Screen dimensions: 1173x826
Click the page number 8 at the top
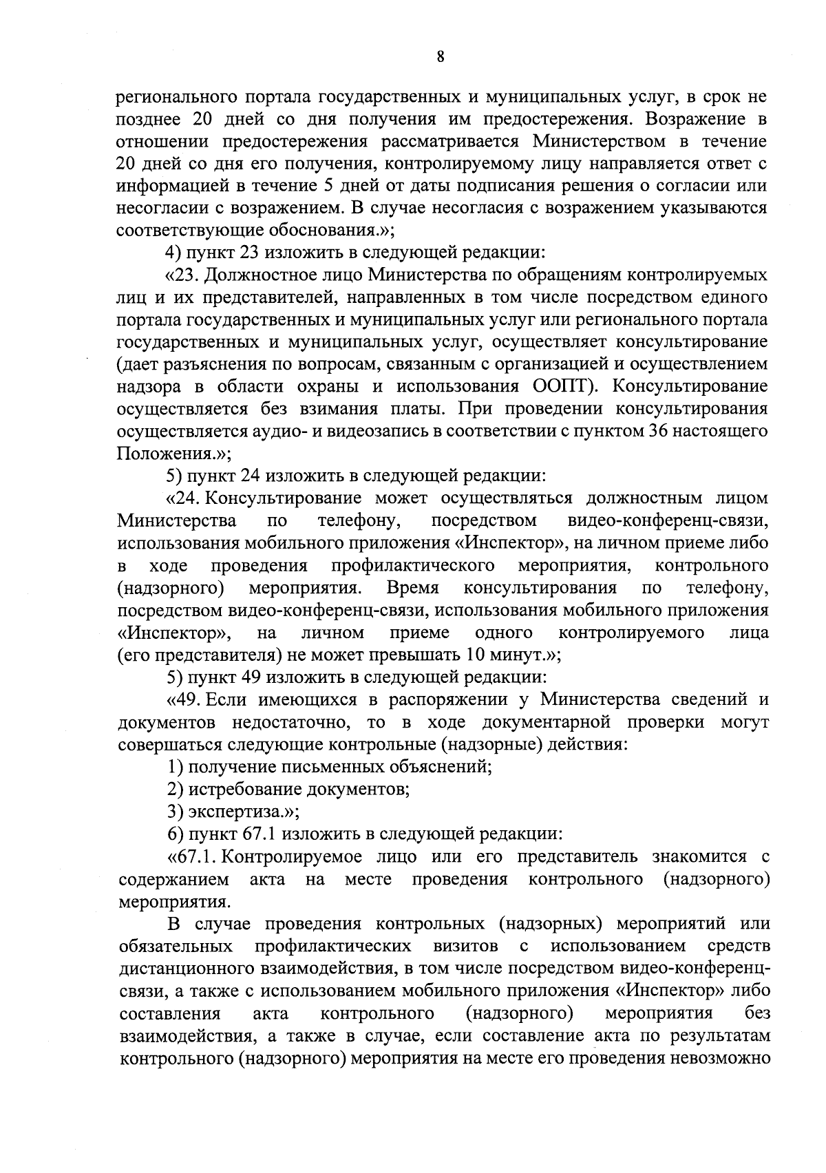pyautogui.click(x=441, y=58)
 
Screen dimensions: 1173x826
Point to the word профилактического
pyautogui.click(x=413, y=566)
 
